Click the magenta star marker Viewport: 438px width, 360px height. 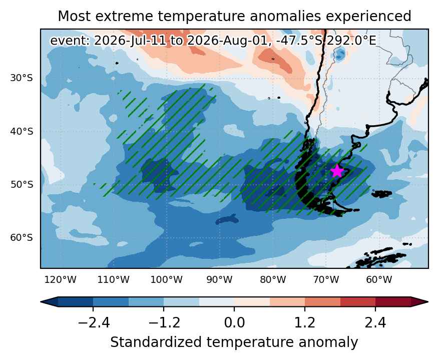pos(337,171)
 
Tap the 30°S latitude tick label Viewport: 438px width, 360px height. pos(22,78)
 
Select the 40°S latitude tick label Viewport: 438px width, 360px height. pos(22,131)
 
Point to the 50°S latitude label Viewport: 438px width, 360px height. pos(22,185)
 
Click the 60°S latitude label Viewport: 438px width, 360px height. pos(22,238)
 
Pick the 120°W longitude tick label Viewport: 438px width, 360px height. pos(61,279)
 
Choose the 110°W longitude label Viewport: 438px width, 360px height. pos(114,279)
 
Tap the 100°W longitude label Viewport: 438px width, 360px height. pos(167,279)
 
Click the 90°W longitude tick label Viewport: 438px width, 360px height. pos(220,279)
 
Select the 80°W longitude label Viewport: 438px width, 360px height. pos(273,279)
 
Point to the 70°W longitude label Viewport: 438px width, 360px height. pos(326,279)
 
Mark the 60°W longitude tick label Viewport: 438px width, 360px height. pos(379,279)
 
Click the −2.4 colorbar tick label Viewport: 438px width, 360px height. pos(94,323)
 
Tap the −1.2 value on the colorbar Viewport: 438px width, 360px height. pos(164,323)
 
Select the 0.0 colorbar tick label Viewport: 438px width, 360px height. pos(234,323)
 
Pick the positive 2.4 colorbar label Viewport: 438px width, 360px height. pos(375,323)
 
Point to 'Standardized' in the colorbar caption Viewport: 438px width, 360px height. pos(156,342)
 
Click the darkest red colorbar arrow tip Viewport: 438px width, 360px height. pos(427,302)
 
